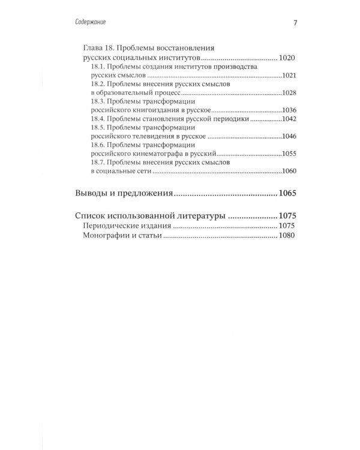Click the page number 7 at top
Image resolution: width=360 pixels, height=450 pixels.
tap(295, 23)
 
